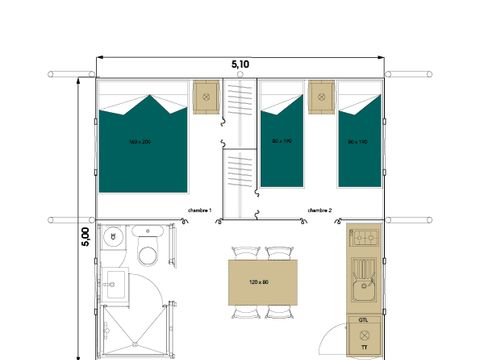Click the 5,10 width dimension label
pos(240,64)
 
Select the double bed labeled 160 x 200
pos(143,144)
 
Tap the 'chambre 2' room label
pos(320,210)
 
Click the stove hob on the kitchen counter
pos(363,239)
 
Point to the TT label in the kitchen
pos(363,347)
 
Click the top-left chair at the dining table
pos(242,254)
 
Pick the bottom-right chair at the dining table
pos(275,312)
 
